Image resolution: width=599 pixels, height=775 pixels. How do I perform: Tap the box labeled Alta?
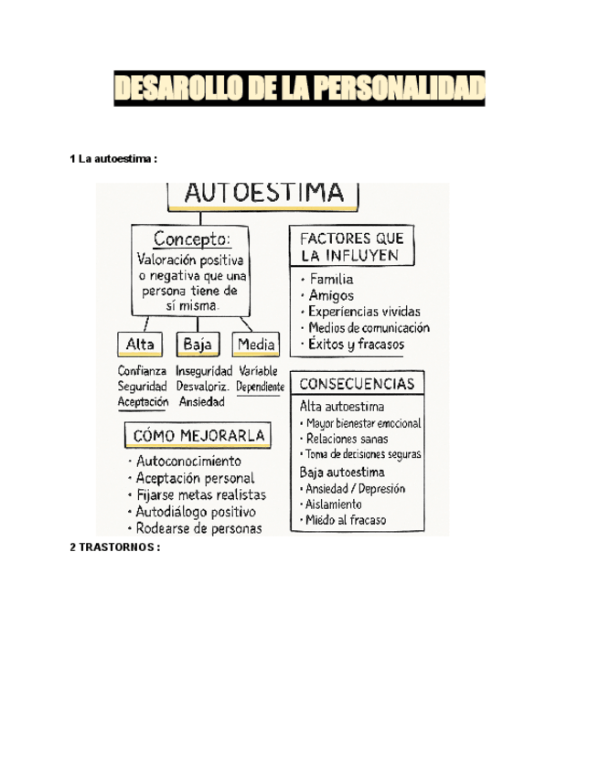tap(139, 345)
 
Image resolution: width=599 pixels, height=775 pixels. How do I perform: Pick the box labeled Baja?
tap(198, 345)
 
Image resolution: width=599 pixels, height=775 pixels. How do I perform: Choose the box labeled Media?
tap(255, 345)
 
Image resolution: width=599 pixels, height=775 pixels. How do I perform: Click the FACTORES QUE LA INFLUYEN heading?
tap(352, 246)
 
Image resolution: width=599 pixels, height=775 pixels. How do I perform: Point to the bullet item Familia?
tap(331, 279)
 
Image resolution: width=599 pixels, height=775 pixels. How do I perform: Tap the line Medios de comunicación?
tap(369, 328)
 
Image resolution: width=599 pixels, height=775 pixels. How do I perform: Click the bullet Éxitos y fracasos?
tap(356, 345)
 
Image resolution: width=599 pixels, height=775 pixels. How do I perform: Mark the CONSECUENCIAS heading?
tap(358, 384)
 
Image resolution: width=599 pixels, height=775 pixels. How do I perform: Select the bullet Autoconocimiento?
tap(189, 462)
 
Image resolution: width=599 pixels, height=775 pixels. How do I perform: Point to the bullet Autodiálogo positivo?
tap(196, 512)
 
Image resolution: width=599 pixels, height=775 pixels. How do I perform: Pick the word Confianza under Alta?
tap(142, 371)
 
